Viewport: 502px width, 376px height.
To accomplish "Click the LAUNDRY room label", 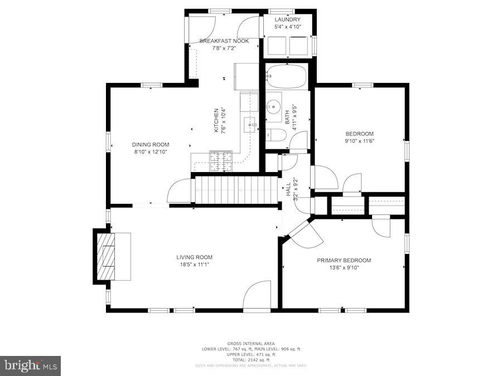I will pyautogui.click(x=287, y=19).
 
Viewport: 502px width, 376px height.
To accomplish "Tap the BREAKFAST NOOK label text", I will pyautogui.click(x=224, y=41).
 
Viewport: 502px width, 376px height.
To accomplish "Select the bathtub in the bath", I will pyautogui.click(x=287, y=77).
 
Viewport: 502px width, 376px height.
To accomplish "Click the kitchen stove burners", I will pyautogui.click(x=220, y=161).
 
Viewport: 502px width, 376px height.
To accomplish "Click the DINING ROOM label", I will pyautogui.click(x=150, y=144).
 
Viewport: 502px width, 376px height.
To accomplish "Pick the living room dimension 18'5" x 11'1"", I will pyautogui.click(x=195, y=264).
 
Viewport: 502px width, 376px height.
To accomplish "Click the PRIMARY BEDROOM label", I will pyautogui.click(x=344, y=260).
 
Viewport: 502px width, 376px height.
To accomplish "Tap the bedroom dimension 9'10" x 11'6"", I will pyautogui.click(x=359, y=141).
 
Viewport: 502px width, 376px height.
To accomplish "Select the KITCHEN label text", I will pyautogui.click(x=217, y=120).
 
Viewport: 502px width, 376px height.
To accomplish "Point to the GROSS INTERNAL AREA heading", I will pyautogui.click(x=251, y=344).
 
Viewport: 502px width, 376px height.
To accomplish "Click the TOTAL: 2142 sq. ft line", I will pyautogui.click(x=251, y=359).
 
